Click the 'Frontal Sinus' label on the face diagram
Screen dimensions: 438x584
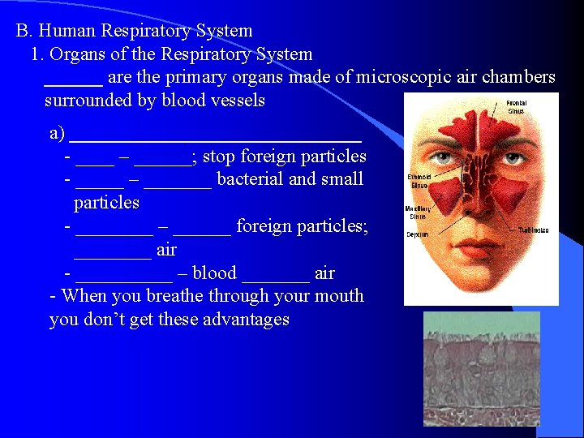click(x=517, y=107)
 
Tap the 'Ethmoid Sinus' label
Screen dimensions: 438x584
click(x=419, y=182)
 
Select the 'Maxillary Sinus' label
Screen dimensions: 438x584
click(x=418, y=213)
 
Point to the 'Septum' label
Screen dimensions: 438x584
click(x=417, y=235)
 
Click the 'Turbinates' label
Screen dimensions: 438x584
click(x=535, y=230)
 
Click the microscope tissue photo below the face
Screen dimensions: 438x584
click(x=481, y=368)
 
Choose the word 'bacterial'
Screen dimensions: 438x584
click(x=250, y=179)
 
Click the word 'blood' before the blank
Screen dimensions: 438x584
click(x=214, y=273)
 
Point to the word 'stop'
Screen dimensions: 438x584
click(x=220, y=156)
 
